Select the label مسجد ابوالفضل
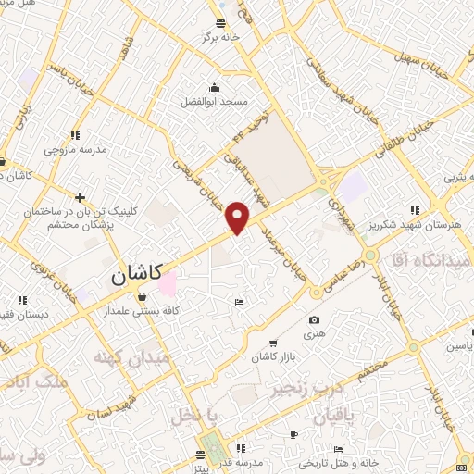click(221, 100)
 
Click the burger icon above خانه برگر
click(220, 24)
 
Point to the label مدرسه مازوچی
click(76, 148)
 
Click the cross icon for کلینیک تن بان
click(81, 197)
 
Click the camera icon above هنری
click(312, 320)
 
